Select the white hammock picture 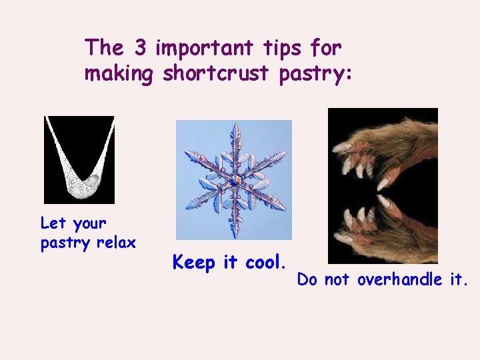(79, 160)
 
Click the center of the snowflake (233, 181)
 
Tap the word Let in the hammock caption (53, 222)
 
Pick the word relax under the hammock (117, 243)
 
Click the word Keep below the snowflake (193, 263)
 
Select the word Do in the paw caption (307, 280)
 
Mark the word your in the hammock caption (89, 223)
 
